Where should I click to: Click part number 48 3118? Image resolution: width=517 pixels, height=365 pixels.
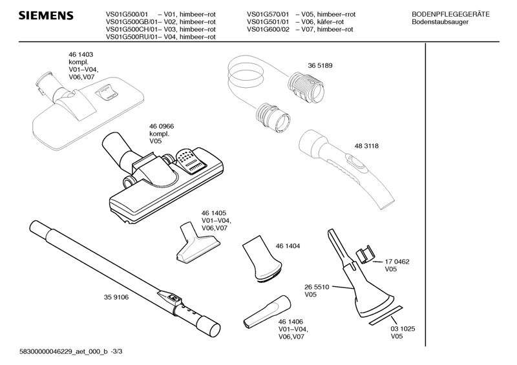pos(366,146)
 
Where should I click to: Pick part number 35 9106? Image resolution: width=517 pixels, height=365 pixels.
pos(116,297)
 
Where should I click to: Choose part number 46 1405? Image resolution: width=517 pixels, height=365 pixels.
pos(213,213)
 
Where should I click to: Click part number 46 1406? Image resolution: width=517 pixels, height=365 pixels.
pos(291,322)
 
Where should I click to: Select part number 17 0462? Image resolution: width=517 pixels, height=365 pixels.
pos(397,262)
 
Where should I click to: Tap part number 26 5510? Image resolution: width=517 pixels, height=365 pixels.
pos(317,287)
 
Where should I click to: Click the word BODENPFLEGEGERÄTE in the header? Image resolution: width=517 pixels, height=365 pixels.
pos(450,14)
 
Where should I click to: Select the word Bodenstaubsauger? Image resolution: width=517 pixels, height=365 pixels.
pos(440,22)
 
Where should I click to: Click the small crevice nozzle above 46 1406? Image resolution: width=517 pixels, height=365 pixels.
pos(265,311)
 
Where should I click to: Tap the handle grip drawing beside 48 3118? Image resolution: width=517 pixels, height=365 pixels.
pos(343,162)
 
